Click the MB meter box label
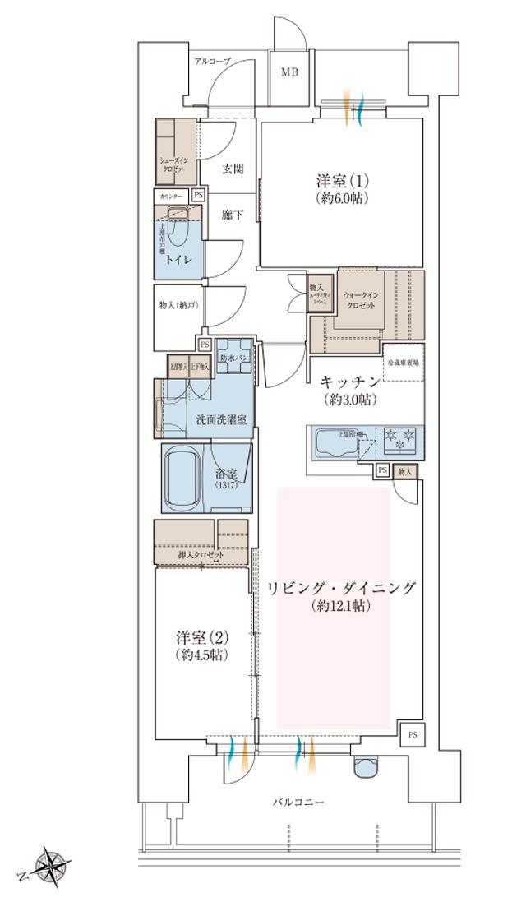tap(289, 72)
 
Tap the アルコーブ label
tap(212, 62)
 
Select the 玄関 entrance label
tap(233, 170)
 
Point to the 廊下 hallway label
tap(233, 215)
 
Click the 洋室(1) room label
tap(341, 180)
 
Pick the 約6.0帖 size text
tap(341, 198)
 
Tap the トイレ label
tap(179, 259)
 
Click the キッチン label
tap(349, 382)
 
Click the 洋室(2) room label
tap(201, 637)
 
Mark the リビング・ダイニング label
tap(341, 588)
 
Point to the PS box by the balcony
tap(413, 733)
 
